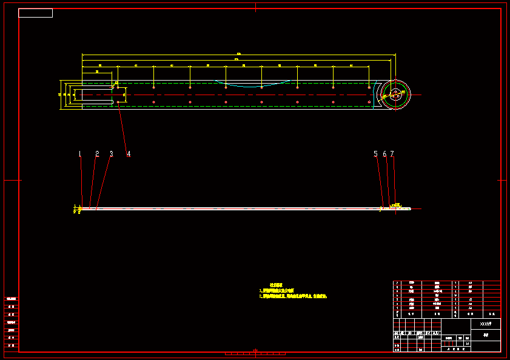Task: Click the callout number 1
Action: (79, 154)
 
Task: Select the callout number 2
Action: (96, 154)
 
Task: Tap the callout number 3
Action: (111, 154)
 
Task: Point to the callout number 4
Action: (129, 154)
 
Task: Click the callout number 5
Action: (375, 154)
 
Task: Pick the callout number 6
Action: (384, 154)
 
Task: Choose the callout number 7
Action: (392, 154)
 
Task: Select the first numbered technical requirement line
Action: (281, 291)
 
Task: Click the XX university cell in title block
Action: (485, 324)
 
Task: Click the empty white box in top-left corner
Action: (35, 13)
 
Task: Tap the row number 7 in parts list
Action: (397, 283)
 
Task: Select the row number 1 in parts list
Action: (397, 308)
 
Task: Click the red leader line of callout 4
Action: (123, 128)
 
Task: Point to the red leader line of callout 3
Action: (104, 182)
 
